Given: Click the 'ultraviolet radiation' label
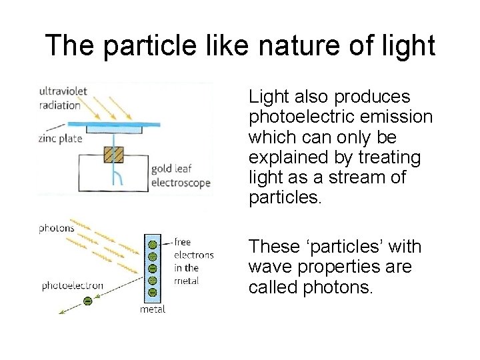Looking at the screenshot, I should click(63, 98).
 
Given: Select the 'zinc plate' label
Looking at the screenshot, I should click(60, 139).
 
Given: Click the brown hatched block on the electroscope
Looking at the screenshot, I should click(113, 155).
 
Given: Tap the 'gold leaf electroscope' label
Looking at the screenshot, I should click(181, 176).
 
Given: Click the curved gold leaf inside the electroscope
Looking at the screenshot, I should click(116, 177).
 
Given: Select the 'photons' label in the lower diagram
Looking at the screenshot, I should click(57, 228).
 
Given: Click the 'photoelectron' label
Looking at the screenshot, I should click(72, 285).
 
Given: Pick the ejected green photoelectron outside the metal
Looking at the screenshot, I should click(87, 301).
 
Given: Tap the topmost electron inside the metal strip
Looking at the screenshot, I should click(152, 244).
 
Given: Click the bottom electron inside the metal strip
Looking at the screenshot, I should click(152, 292).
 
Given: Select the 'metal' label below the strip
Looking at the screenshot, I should click(152, 309).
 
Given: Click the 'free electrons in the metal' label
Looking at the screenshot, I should click(193, 261).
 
